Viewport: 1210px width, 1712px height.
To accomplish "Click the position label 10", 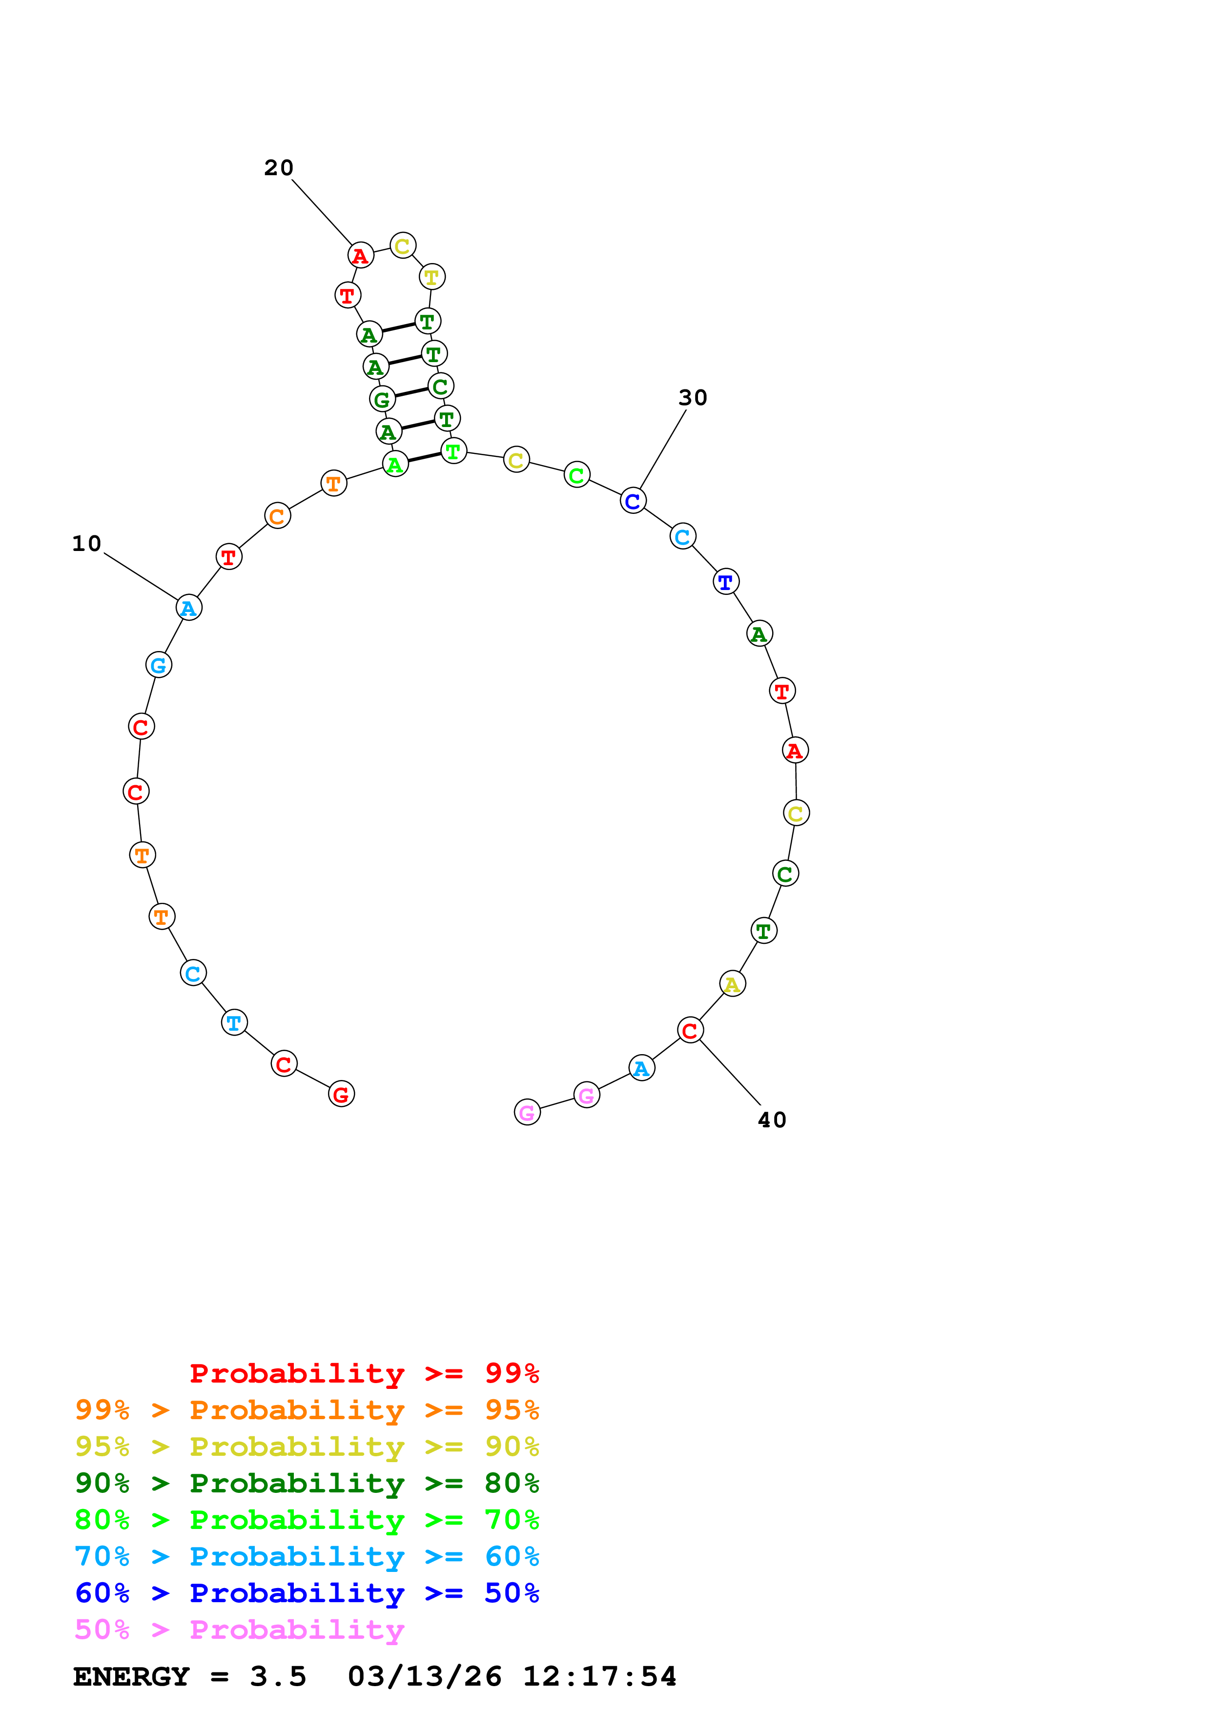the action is click(86, 544).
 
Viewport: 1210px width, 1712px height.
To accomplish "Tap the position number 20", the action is click(279, 168).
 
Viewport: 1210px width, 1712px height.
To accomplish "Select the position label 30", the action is click(693, 397).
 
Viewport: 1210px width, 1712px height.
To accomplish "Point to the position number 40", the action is click(772, 1120).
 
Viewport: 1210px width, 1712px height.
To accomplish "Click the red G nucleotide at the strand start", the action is click(342, 1094).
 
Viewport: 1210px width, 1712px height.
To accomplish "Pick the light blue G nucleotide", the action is click(159, 665).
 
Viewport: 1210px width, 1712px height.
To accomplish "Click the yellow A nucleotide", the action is click(733, 984).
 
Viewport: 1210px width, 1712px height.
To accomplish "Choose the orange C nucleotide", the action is click(277, 515).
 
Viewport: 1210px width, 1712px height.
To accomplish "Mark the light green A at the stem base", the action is click(395, 464).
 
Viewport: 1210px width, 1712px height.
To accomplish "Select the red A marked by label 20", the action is click(361, 255).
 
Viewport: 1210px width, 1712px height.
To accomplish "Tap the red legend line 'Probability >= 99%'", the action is click(364, 1373).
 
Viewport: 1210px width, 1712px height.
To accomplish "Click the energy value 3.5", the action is click(278, 1677).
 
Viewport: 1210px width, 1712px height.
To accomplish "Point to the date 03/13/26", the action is click(424, 1677).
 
